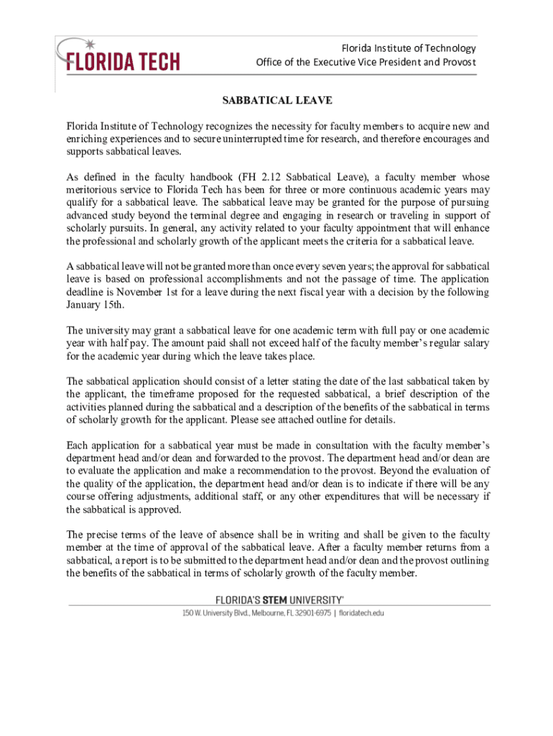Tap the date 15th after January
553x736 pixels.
[111, 305]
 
